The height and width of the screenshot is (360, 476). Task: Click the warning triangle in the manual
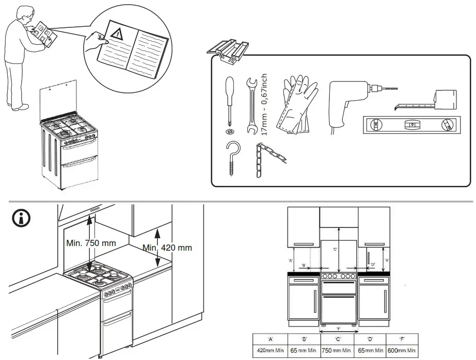coord(119,35)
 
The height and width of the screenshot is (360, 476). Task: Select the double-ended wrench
coord(252,106)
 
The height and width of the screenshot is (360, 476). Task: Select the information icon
coord(21,218)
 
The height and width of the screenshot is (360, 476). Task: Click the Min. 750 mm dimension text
coord(91,242)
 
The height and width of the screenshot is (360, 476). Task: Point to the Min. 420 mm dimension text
coord(167,248)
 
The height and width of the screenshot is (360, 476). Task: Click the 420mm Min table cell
coord(269,350)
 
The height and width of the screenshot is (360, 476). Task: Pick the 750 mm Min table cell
coord(338,350)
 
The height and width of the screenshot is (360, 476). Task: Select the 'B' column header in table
coord(304,339)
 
